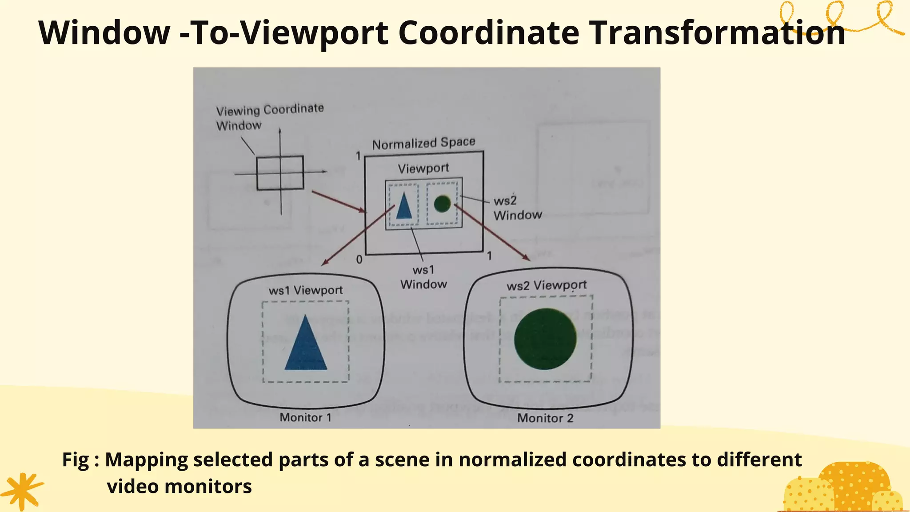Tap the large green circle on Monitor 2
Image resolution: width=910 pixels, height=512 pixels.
click(545, 339)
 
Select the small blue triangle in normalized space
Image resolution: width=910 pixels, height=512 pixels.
click(404, 206)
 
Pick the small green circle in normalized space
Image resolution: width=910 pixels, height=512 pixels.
click(442, 204)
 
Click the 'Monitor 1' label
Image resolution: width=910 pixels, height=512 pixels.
click(306, 417)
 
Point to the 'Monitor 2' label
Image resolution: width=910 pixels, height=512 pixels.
click(545, 418)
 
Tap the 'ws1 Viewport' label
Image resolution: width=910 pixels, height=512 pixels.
click(306, 290)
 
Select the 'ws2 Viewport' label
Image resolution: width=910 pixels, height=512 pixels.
click(547, 285)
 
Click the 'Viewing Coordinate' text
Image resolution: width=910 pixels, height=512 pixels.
click(270, 109)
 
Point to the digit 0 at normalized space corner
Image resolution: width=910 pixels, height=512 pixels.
click(359, 260)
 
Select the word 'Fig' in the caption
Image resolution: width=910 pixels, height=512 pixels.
click(76, 460)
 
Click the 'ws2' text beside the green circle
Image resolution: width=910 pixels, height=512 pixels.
click(505, 201)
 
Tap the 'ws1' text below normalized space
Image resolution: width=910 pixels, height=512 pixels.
click(423, 270)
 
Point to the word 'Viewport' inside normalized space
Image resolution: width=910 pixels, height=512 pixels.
click(423, 168)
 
